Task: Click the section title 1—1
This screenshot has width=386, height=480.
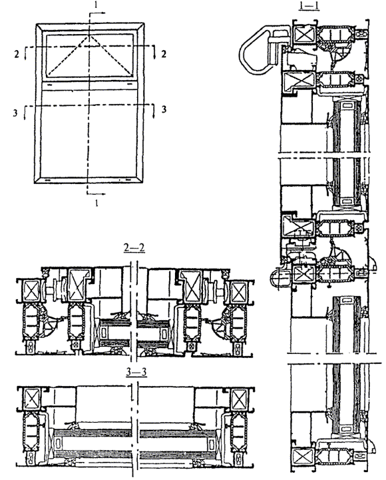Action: [x=309, y=6]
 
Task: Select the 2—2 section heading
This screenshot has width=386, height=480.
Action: [x=134, y=247]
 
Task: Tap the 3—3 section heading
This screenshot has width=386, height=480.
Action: [x=136, y=372]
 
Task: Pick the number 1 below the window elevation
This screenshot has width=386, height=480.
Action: [x=97, y=203]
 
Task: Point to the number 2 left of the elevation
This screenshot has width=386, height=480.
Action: [x=17, y=54]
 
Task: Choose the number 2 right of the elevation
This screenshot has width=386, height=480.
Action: [x=164, y=54]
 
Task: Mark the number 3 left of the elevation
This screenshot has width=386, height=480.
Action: [x=15, y=113]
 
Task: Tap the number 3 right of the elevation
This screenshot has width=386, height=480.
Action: [x=164, y=109]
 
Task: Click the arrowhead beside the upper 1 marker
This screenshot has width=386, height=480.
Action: [x=103, y=13]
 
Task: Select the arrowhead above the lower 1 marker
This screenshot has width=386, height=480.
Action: [x=103, y=194]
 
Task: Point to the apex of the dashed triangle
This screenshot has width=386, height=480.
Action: [x=89, y=35]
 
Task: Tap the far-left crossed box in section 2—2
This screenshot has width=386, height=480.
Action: [x=32, y=291]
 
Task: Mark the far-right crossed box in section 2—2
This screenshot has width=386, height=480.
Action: [x=239, y=291]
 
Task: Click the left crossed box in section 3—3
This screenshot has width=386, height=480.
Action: [x=32, y=398]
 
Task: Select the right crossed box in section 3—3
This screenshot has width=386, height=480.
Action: [x=240, y=399]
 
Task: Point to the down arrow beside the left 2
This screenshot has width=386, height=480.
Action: [x=25, y=54]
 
